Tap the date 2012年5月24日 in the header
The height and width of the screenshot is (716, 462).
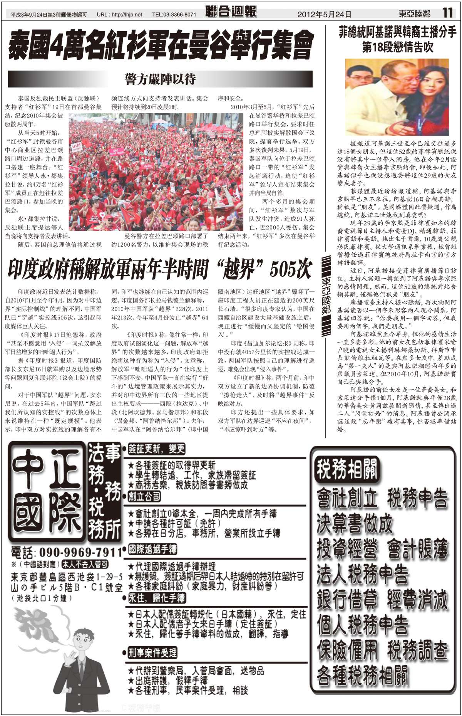(x=324, y=14)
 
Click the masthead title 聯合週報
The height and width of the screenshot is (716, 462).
(x=231, y=12)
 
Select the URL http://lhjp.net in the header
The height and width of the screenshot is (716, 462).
(x=119, y=15)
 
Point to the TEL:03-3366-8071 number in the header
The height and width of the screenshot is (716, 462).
(x=174, y=15)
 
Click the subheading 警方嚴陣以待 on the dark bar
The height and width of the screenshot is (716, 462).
(x=160, y=79)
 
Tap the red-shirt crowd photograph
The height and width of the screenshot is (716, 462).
(x=159, y=171)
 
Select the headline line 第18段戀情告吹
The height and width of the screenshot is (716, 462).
(x=398, y=47)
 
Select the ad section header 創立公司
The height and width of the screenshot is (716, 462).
(x=144, y=496)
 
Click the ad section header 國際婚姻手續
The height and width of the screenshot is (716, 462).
(x=152, y=549)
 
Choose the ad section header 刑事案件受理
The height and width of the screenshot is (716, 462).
(x=152, y=653)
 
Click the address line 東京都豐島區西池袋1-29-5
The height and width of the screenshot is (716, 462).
(x=67, y=577)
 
